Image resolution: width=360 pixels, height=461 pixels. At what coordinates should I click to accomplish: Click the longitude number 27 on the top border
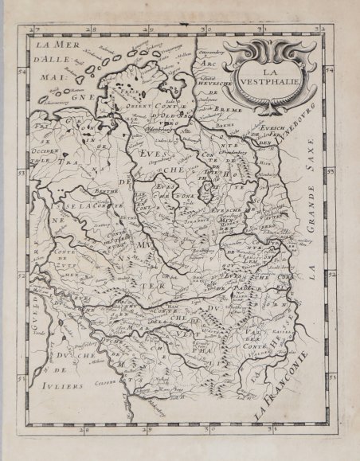tap(33, 29)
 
